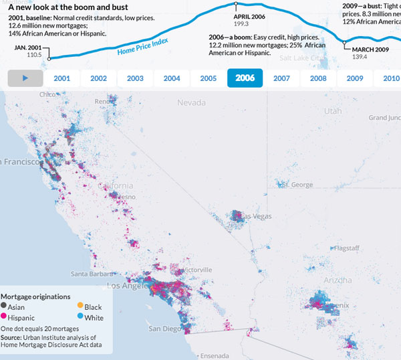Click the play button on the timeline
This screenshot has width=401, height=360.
pyautogui.click(x=25, y=78)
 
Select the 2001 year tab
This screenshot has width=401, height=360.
pyautogui.click(x=62, y=78)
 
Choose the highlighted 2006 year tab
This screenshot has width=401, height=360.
pyautogui.click(x=245, y=78)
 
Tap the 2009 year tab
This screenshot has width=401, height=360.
pyautogui.click(x=355, y=78)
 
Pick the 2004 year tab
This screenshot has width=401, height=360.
pyautogui.click(x=172, y=78)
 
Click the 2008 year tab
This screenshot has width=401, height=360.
pyautogui.click(x=318, y=78)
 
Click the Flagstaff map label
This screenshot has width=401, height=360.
pyautogui.click(x=346, y=248)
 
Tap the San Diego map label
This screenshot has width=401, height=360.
pyautogui.click(x=164, y=329)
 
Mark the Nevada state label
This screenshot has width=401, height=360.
pyautogui.click(x=192, y=102)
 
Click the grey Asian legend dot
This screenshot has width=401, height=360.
pyautogui.click(x=4, y=306)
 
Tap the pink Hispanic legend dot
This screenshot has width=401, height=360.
pyautogui.click(x=4, y=317)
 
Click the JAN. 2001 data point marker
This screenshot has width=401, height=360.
pyautogui.click(x=49, y=59)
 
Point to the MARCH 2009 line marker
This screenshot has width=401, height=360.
pyautogui.click(x=345, y=42)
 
